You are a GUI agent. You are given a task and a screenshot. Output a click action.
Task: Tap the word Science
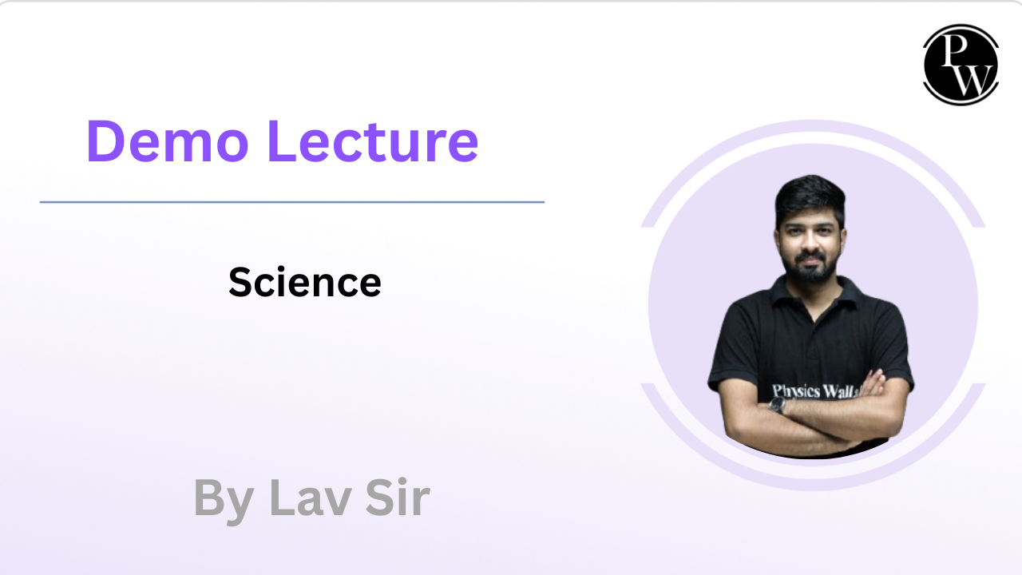coord(305,282)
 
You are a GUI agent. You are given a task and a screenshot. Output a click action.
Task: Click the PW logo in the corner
coord(961,65)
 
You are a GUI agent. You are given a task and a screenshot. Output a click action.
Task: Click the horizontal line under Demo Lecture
coord(292,202)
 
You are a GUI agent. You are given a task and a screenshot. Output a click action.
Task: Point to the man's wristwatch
coord(777,405)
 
